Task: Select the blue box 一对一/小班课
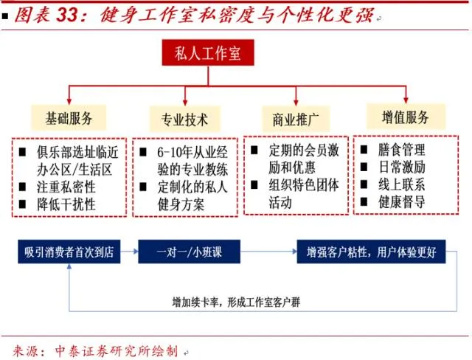(x=190, y=252)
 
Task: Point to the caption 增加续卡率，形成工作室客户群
(x=242, y=301)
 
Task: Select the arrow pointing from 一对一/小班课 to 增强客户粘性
(x=268, y=252)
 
